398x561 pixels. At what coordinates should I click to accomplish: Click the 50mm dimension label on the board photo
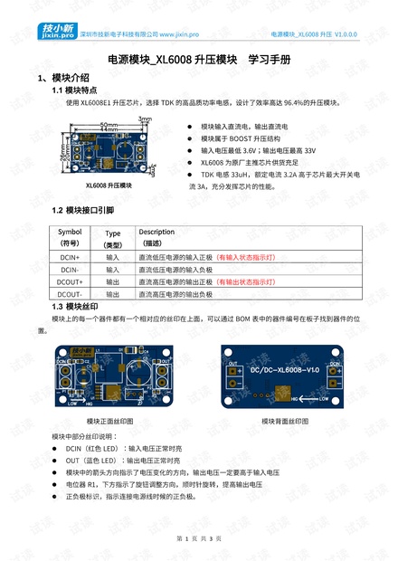(107, 124)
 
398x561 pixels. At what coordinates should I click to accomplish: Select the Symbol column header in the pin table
(69, 232)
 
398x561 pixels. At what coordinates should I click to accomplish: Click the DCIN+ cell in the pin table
(69, 257)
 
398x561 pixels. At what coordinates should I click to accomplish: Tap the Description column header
(156, 232)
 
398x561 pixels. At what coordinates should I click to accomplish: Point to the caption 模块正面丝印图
(109, 422)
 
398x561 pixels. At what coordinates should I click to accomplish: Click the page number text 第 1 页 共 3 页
(198, 538)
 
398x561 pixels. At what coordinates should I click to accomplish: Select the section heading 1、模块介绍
(63, 78)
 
